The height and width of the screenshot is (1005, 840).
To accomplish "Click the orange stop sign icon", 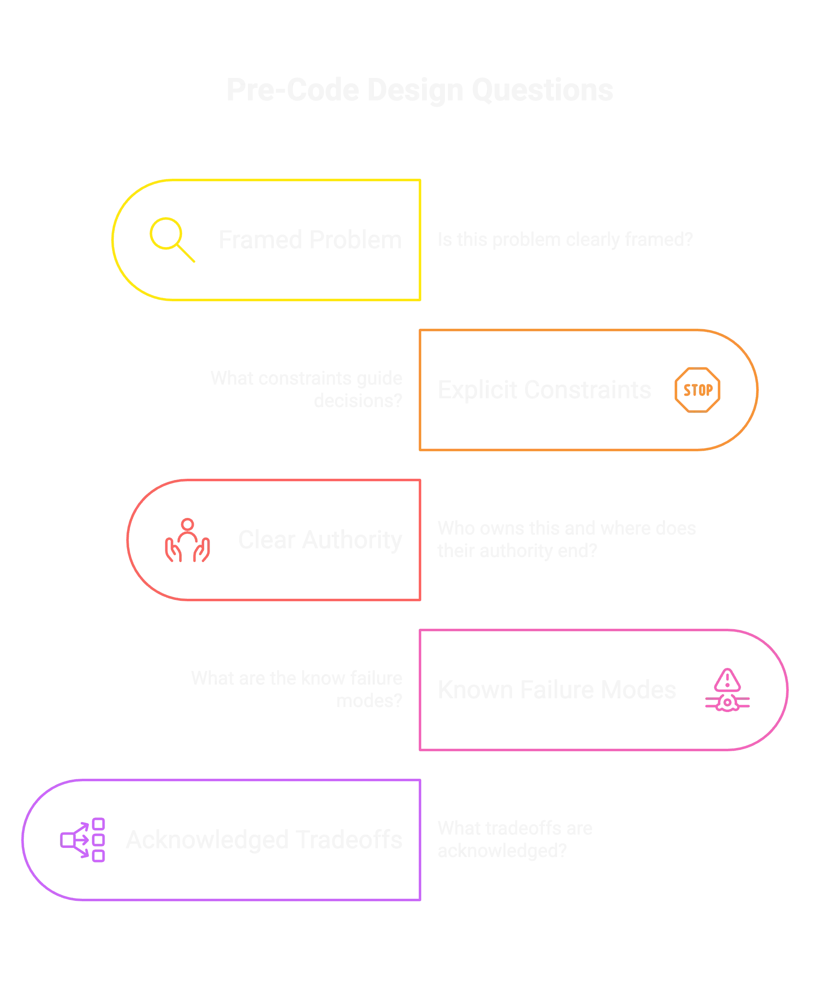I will (697, 390).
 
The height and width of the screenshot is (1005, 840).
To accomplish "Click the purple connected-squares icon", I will (84, 840).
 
